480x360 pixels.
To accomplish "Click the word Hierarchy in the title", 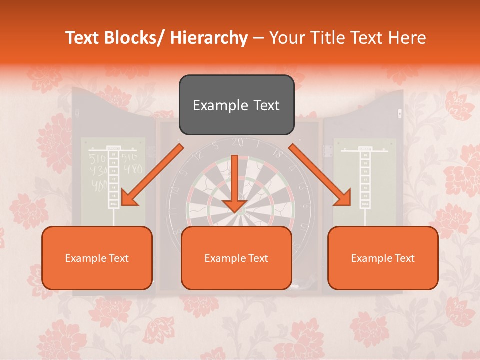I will [208, 38].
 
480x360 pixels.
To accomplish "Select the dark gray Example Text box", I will [236, 105].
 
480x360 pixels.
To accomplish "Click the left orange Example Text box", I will [97, 258].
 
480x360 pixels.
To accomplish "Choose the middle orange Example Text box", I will [236, 258].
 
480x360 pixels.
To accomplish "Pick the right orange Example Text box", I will [383, 258].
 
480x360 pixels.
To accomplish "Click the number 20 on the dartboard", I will [238, 143].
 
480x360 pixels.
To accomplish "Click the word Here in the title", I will [408, 38].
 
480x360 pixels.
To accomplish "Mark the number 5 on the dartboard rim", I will [215, 146].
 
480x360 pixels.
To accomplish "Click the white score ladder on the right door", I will [365, 180].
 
